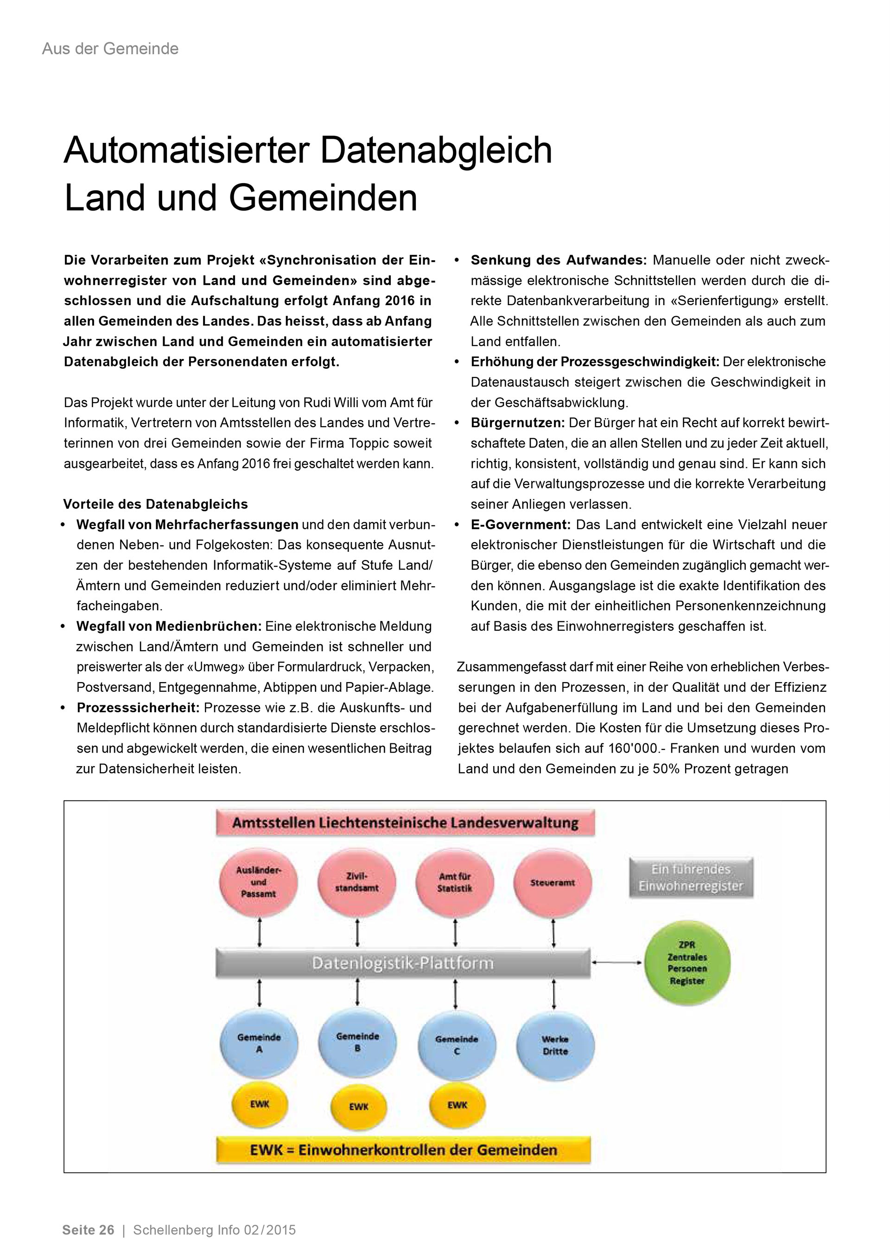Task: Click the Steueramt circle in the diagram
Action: (x=553, y=883)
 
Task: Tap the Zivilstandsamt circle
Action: (x=357, y=882)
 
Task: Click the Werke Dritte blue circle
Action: (x=555, y=1045)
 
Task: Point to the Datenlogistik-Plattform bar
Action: (x=403, y=964)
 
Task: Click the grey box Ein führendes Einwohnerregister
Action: (x=691, y=878)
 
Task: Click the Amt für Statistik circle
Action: (x=455, y=883)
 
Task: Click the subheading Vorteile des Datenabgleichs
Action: (x=156, y=504)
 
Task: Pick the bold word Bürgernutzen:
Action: (x=517, y=423)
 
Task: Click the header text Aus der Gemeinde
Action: (x=110, y=49)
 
